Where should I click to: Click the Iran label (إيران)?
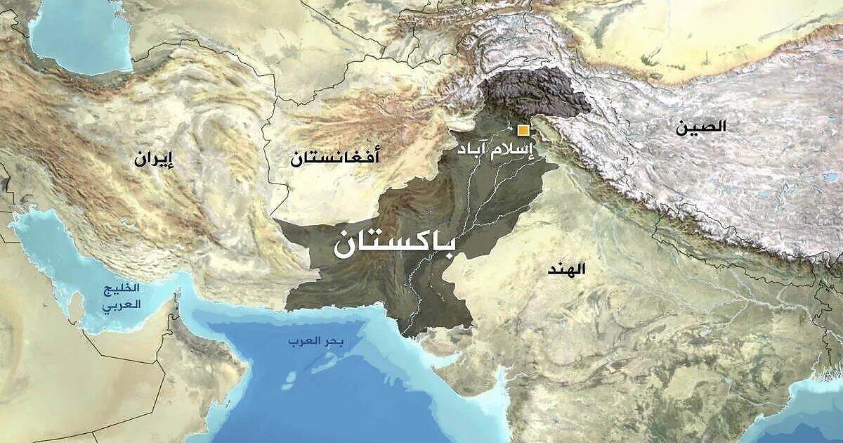(x=154, y=159)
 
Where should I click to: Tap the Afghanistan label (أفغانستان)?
(x=335, y=158)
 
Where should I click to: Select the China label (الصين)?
(x=700, y=127)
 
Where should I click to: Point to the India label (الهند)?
(x=568, y=269)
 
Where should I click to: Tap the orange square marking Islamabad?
(x=523, y=129)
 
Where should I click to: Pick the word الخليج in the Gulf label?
(x=122, y=290)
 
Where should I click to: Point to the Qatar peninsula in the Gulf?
(x=75, y=304)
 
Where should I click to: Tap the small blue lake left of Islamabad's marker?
(x=507, y=129)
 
